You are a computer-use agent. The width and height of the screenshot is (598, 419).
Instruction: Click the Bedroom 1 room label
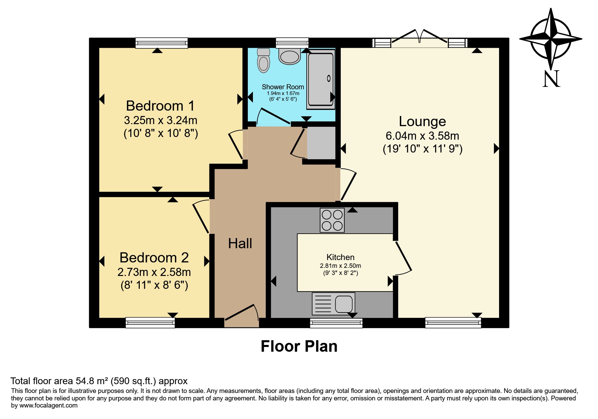(160, 106)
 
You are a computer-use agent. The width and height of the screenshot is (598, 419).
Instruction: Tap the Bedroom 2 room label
(154, 258)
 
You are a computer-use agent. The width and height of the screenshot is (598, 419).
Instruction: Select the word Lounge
(422, 121)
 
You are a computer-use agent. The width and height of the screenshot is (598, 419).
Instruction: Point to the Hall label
(240, 243)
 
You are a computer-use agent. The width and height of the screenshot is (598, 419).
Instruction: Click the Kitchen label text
(340, 257)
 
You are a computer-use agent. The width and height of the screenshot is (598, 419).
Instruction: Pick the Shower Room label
(283, 87)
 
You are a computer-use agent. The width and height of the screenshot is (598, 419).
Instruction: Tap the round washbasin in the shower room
(290, 56)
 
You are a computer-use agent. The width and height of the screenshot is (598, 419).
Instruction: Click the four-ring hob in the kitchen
(332, 220)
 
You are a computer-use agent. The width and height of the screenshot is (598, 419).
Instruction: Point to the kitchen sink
(334, 303)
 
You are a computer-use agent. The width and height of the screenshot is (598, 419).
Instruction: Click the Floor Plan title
(299, 346)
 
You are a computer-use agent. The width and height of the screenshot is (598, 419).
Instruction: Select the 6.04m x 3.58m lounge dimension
(422, 136)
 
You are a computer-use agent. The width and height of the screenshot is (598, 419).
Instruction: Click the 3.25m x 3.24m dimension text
(161, 120)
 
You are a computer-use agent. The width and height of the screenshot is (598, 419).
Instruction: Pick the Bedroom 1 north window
(161, 43)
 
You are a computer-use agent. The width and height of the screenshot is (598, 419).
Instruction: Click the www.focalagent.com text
(49, 405)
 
